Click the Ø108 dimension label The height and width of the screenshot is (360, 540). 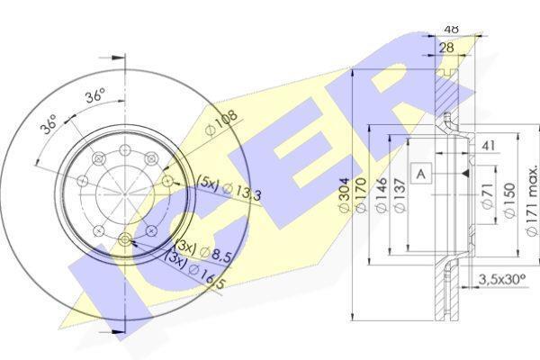[x=220, y=122]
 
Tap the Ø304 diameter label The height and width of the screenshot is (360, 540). [x=345, y=196]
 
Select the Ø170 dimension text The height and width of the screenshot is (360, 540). [x=361, y=196]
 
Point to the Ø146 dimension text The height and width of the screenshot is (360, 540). [x=382, y=195]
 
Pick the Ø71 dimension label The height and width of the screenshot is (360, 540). [x=488, y=195]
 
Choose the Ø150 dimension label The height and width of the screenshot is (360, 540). [x=509, y=200]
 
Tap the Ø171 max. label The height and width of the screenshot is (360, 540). [x=532, y=201]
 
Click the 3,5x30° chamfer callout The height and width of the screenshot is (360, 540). [x=502, y=279]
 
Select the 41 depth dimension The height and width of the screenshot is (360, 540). [x=489, y=146]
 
